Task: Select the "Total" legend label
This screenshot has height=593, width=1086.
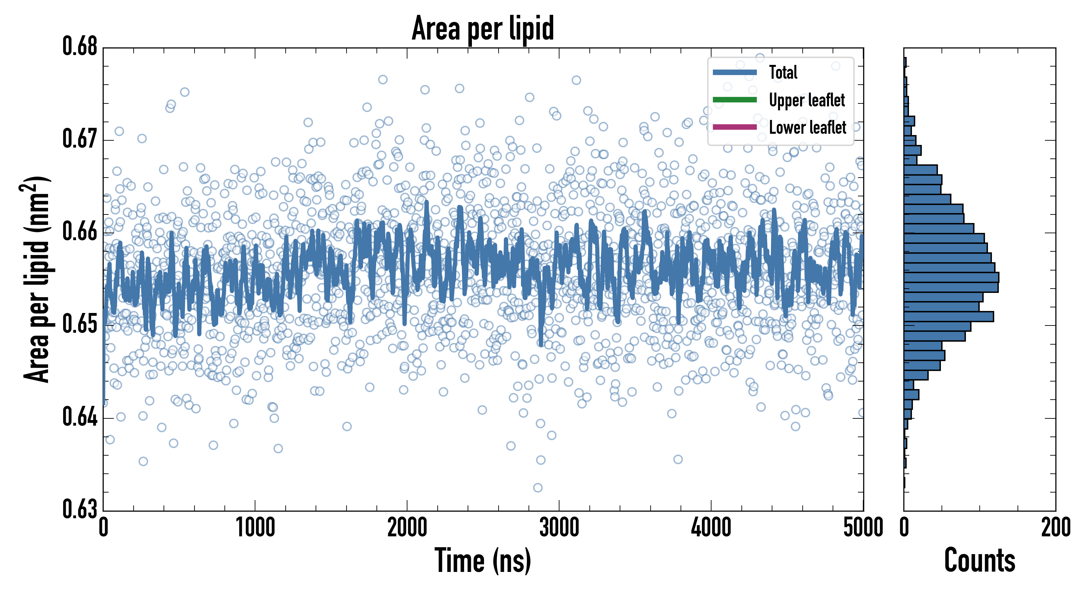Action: coord(783,72)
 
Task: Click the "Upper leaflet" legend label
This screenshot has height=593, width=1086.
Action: coord(807,100)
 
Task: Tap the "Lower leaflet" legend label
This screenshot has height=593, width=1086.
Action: coord(807,127)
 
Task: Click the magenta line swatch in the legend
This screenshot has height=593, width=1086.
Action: coord(735,127)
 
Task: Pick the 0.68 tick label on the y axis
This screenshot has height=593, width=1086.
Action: coord(80,46)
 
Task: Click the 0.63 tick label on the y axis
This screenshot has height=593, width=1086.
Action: coord(80,509)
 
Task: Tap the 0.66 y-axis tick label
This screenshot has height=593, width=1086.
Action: coord(80,231)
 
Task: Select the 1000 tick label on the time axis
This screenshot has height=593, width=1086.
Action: coord(255,527)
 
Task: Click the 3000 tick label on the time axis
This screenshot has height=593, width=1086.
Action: coord(559,527)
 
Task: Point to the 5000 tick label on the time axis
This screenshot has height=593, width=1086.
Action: coord(863,527)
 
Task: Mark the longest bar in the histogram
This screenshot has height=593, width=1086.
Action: coord(951,278)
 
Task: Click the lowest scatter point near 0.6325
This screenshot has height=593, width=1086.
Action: coord(537,488)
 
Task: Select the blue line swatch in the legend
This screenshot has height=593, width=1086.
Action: coord(735,72)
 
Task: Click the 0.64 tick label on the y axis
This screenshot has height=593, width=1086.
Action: coord(80,416)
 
